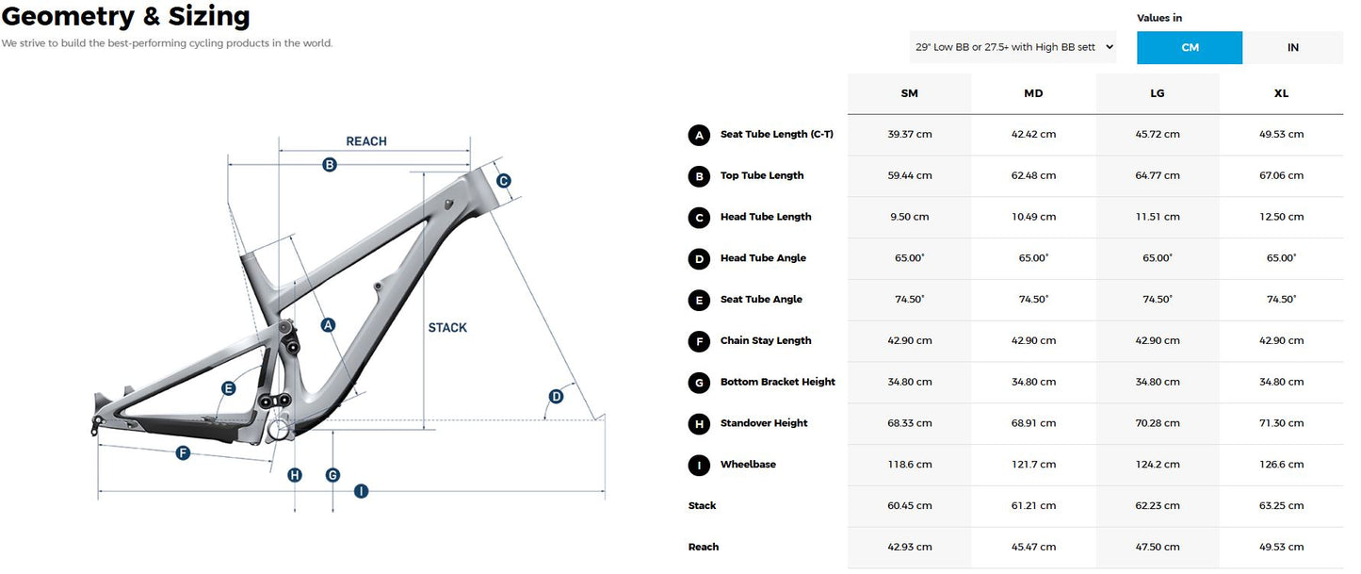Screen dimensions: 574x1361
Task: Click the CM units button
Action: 1189,47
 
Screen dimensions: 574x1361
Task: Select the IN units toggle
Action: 1292,47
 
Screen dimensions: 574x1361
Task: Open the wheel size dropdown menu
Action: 1013,47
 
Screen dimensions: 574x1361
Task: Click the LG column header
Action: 1157,93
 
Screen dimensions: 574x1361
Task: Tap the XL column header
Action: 1281,93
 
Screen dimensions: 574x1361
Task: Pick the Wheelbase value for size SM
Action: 909,465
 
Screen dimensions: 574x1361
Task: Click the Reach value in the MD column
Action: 1033,548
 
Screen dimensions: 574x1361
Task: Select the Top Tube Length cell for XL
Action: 1282,175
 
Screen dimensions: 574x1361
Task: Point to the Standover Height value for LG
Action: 1158,423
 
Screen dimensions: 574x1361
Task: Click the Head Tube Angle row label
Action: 763,258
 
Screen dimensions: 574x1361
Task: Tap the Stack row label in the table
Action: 703,506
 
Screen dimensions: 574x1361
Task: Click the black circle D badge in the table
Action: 699,258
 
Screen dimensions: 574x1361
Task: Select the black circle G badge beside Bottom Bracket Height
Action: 699,382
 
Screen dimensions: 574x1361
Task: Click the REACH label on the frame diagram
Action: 366,141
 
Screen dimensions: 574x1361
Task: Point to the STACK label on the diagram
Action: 447,328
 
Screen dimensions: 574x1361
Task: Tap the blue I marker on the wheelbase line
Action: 361,491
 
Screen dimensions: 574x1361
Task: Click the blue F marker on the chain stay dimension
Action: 184,453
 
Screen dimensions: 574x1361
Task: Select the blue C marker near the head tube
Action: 503,181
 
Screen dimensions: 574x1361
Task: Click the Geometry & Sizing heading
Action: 126,16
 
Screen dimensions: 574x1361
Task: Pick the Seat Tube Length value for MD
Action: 1033,135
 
